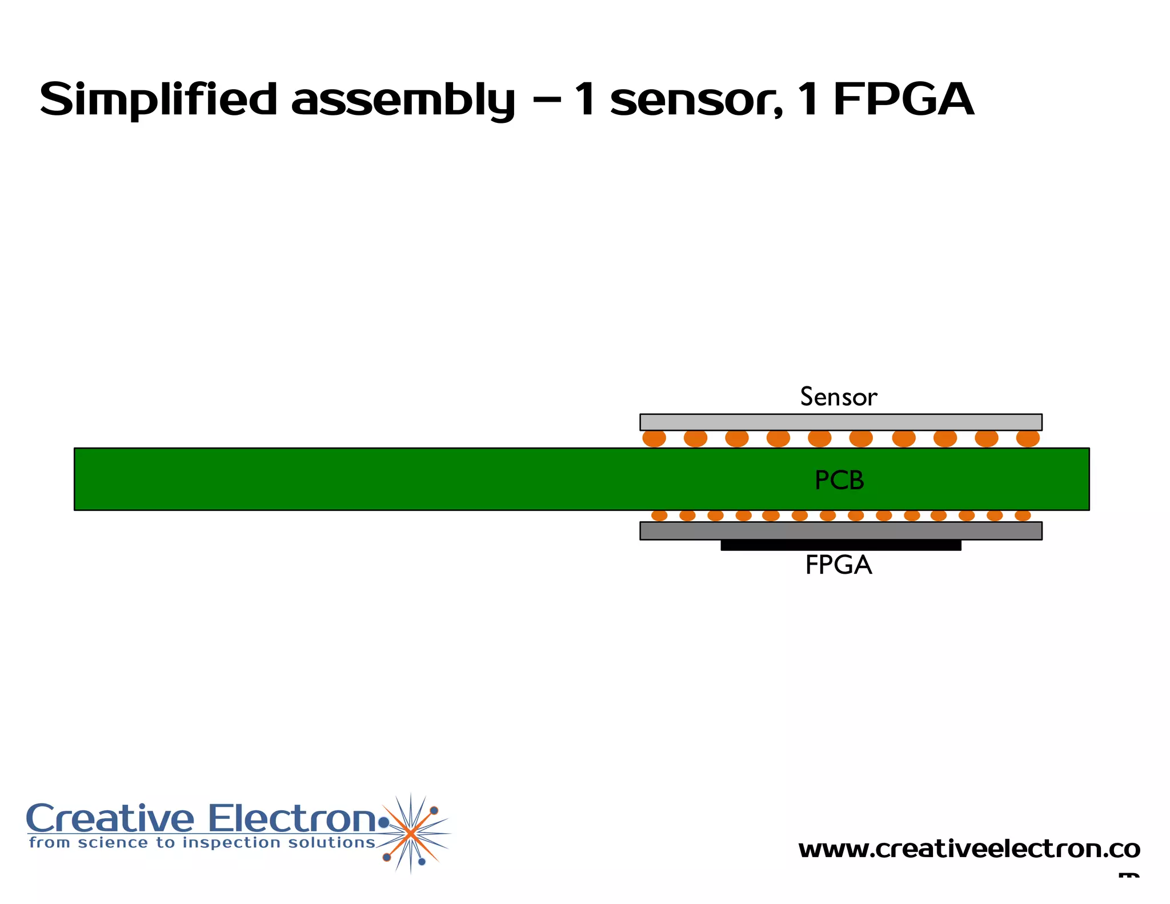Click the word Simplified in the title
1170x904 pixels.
point(158,99)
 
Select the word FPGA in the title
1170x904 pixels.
point(904,99)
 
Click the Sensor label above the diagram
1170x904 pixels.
point(838,397)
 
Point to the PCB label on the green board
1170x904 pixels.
point(839,480)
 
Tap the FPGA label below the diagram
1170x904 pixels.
point(838,565)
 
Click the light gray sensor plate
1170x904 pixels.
point(840,422)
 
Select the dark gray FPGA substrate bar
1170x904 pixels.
point(840,531)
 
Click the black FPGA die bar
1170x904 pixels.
point(840,546)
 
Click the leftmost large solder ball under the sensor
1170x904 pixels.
point(654,438)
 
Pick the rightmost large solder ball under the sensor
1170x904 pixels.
point(1028,438)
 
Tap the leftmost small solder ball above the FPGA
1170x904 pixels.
point(659,515)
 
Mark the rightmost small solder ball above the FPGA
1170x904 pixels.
point(1023,515)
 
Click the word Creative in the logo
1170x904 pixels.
point(110,819)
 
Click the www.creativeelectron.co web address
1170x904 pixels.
point(969,849)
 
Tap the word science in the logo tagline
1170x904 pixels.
point(113,843)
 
